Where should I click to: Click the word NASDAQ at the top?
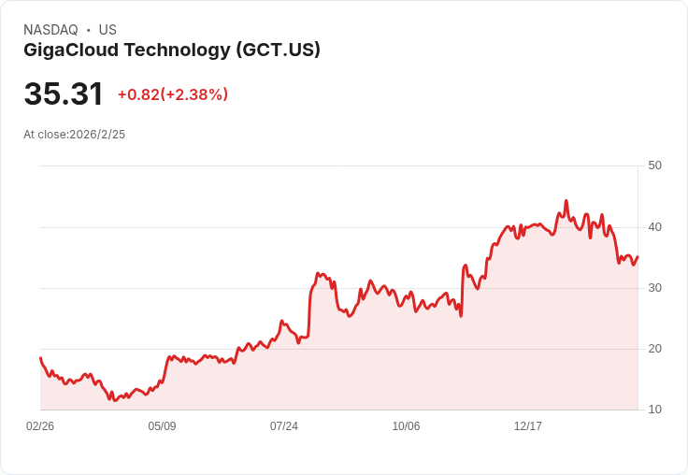[50, 30]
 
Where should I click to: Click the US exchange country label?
[107, 30]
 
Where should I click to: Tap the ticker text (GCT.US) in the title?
[279, 50]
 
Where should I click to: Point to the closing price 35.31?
[64, 94]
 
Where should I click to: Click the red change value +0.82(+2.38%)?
[173, 94]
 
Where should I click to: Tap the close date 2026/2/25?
[97, 135]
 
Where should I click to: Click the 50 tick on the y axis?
[654, 166]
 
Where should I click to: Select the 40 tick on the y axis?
[654, 227]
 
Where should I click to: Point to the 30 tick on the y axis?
[654, 288]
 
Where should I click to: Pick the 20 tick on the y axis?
[654, 349]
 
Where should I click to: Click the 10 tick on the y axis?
[654, 410]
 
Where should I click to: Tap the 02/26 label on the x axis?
[40, 426]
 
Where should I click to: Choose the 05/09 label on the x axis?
[162, 426]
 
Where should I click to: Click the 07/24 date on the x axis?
[284, 426]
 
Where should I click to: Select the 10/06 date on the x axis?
[406, 426]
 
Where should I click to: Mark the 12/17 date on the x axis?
[528, 426]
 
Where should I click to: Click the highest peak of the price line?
[566, 200]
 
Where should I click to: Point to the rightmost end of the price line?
[638, 256]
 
